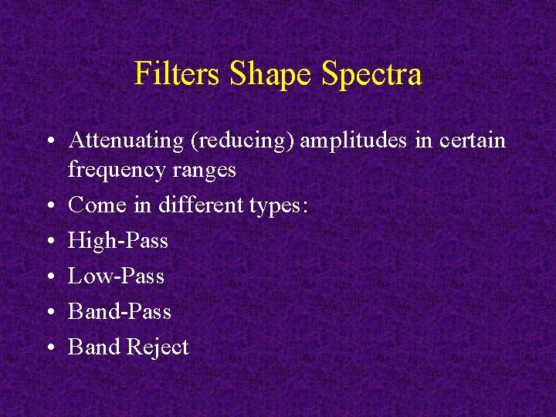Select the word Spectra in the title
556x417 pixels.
(x=371, y=74)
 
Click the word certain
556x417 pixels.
(x=471, y=141)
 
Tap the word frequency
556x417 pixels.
(x=112, y=170)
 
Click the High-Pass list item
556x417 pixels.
(x=117, y=241)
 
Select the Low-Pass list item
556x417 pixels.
(x=116, y=276)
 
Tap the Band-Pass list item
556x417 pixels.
(x=120, y=311)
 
